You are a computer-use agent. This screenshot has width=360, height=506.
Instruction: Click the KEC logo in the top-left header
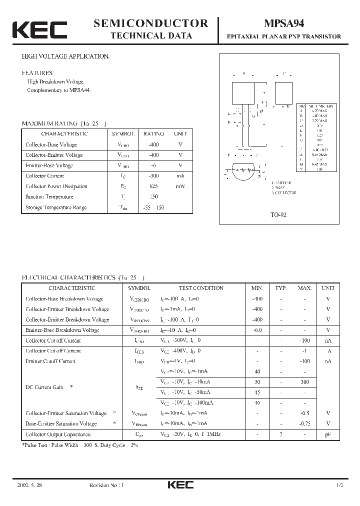[39, 30]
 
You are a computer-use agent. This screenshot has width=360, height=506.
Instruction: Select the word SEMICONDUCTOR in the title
[150, 23]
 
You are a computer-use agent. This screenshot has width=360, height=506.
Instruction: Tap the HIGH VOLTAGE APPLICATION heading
[65, 56]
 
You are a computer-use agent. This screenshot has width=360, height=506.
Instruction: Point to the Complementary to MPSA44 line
[59, 90]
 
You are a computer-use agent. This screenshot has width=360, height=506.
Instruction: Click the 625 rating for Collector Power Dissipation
[153, 186]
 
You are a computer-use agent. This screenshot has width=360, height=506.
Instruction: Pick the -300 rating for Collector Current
[153, 175]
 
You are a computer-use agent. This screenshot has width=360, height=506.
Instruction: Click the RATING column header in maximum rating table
[153, 134]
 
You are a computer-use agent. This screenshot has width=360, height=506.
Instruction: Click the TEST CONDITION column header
[201, 288]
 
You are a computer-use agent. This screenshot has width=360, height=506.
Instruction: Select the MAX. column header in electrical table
[304, 288]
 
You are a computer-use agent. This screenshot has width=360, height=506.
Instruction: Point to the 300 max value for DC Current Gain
[304, 381]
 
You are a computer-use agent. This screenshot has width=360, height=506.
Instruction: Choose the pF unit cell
[328, 434]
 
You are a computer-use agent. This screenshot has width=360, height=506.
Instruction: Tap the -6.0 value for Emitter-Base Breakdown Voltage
[257, 330]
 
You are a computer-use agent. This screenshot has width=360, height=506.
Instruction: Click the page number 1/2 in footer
[340, 485]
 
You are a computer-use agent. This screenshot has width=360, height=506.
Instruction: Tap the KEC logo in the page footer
[179, 485]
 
